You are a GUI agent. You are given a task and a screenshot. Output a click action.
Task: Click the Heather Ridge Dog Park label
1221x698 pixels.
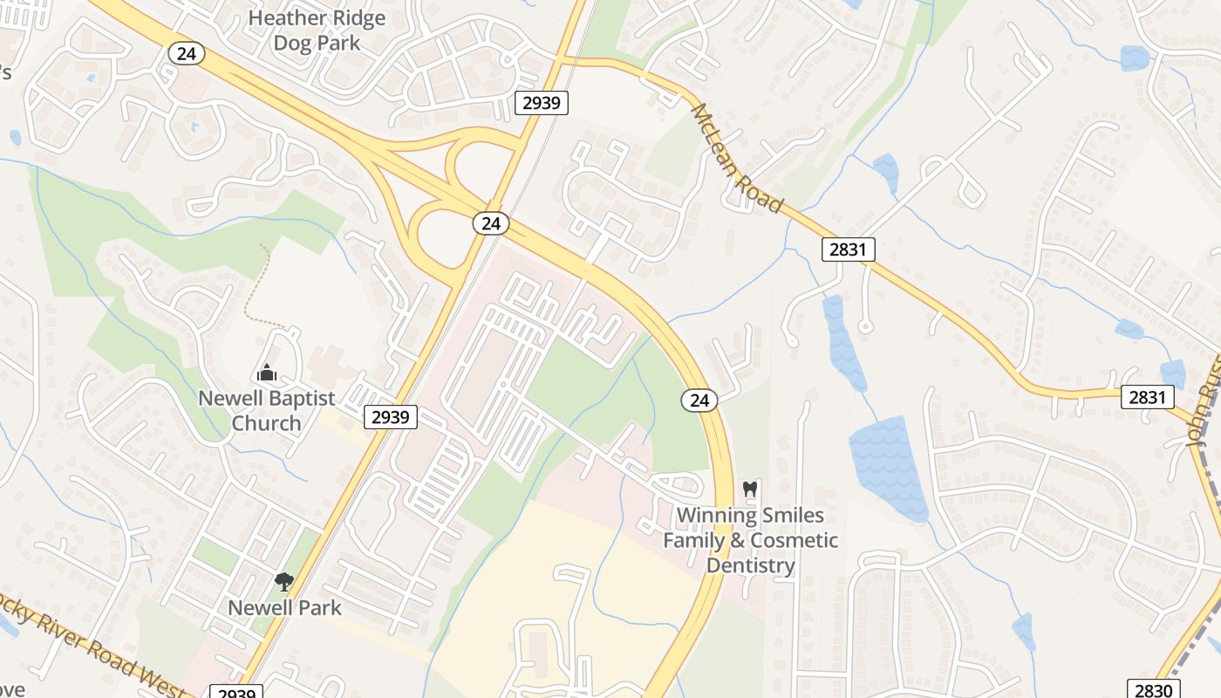click(x=317, y=31)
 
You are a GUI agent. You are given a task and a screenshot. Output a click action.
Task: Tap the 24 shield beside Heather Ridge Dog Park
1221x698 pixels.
click(x=186, y=53)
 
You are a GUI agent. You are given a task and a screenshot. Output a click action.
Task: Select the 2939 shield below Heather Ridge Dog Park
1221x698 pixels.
click(x=542, y=104)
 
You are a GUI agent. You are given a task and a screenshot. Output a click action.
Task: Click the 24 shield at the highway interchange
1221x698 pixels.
click(x=491, y=223)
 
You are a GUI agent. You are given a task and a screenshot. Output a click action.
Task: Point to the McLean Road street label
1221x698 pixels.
click(x=735, y=158)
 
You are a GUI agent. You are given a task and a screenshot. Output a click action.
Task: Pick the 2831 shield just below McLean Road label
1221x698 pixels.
click(x=848, y=250)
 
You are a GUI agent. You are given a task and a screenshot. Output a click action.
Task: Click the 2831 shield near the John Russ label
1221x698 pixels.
click(x=1147, y=397)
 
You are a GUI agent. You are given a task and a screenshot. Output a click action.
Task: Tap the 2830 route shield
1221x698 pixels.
click(x=1154, y=690)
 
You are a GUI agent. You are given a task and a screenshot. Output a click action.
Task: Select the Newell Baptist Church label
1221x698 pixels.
click(x=267, y=411)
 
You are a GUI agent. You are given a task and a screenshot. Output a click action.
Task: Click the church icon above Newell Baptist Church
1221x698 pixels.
click(x=267, y=373)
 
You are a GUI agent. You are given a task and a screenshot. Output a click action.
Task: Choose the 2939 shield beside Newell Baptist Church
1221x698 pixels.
click(x=391, y=417)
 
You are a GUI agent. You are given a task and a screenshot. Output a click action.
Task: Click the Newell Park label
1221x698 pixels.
click(x=284, y=607)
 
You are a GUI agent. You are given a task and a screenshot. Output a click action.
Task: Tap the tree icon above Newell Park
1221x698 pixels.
click(x=283, y=581)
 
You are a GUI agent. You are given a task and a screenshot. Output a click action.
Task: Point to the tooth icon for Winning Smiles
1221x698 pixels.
click(x=749, y=489)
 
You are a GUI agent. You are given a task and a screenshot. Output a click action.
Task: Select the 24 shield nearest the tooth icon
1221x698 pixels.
click(x=699, y=400)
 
